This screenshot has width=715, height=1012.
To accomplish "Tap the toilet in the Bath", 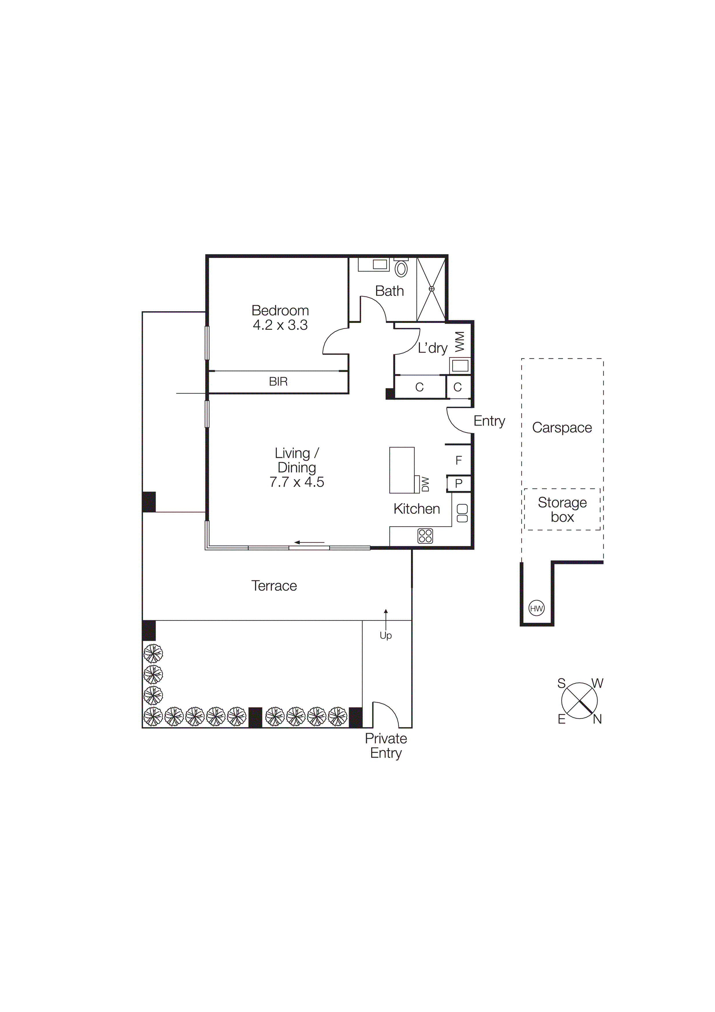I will point(401,268).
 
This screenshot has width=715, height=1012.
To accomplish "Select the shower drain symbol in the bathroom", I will point(432,289).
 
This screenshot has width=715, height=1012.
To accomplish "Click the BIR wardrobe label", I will point(278,382).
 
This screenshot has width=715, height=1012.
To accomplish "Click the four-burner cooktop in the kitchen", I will point(425,536).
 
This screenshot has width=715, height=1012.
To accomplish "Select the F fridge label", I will point(459,461).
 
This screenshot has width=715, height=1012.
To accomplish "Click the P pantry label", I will point(459,483).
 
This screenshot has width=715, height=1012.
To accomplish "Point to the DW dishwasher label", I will point(425,484).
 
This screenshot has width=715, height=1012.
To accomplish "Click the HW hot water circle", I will point(536,609).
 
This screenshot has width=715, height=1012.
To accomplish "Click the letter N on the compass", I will point(597,719).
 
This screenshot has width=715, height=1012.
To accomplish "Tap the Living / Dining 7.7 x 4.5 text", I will point(296,468).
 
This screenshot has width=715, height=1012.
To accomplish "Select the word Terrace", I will point(274,586).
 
